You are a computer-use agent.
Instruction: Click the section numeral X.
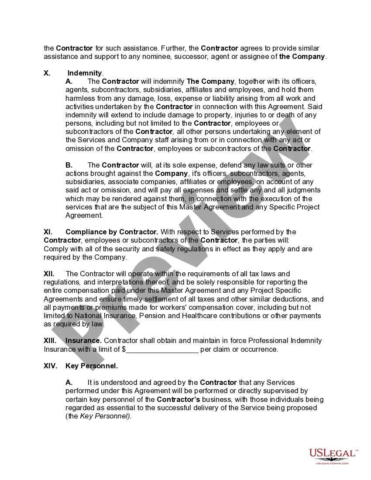[47, 73]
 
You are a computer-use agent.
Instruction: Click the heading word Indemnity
[85, 73]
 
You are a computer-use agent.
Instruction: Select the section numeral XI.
[48, 232]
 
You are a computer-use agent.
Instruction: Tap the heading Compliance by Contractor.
[112, 232]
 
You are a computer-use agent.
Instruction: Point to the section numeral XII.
[49, 274]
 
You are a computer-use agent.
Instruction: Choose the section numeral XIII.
[50, 340]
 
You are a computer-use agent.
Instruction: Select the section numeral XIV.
[50, 366]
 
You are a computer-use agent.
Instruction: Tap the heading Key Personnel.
[92, 366]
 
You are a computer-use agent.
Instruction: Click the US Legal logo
[333, 454]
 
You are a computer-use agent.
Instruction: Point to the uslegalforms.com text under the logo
[333, 463]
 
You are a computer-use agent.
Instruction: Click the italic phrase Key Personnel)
[106, 416]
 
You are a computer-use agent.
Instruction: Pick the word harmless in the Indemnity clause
[81, 98]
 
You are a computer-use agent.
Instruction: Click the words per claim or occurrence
[239, 349]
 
